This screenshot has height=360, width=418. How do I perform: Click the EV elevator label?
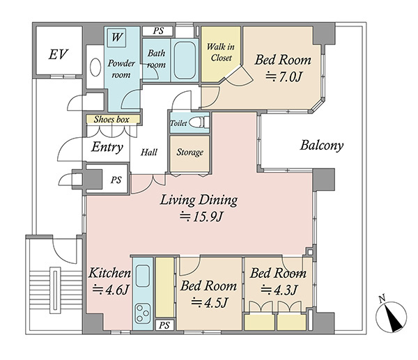pyautogui.click(x=58, y=54)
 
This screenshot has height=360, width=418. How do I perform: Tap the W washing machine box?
pyautogui.click(x=116, y=38)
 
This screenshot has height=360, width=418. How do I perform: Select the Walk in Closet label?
pyautogui.click(x=221, y=52)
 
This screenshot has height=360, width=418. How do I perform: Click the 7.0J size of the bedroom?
pyautogui.click(x=284, y=77)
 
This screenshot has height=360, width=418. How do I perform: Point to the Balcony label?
pyautogui.click(x=322, y=146)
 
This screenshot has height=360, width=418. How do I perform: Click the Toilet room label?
pyautogui.click(x=178, y=123)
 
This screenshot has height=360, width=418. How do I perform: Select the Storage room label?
pyautogui.click(x=189, y=152)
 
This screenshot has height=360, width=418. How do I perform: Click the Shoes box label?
pyautogui.click(x=111, y=119)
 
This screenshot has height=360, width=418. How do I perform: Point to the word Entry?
pyautogui.click(x=107, y=147)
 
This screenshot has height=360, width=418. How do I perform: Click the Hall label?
pyautogui.click(x=149, y=152)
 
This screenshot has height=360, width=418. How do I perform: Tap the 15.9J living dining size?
pyautogui.click(x=201, y=217)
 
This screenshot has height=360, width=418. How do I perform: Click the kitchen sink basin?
pyautogui.click(x=143, y=276)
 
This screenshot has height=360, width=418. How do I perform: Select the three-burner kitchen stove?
pyautogui.click(x=143, y=313)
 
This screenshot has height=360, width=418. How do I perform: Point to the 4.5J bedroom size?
pyautogui.click(x=210, y=302)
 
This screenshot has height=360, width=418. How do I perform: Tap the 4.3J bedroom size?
pyautogui.click(x=279, y=290)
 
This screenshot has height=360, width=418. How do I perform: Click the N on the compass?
pyautogui.click(x=382, y=299)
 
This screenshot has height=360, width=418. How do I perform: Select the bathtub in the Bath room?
pyautogui.click(x=185, y=60)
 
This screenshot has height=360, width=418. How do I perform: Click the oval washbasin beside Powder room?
pyautogui.click(x=95, y=67)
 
